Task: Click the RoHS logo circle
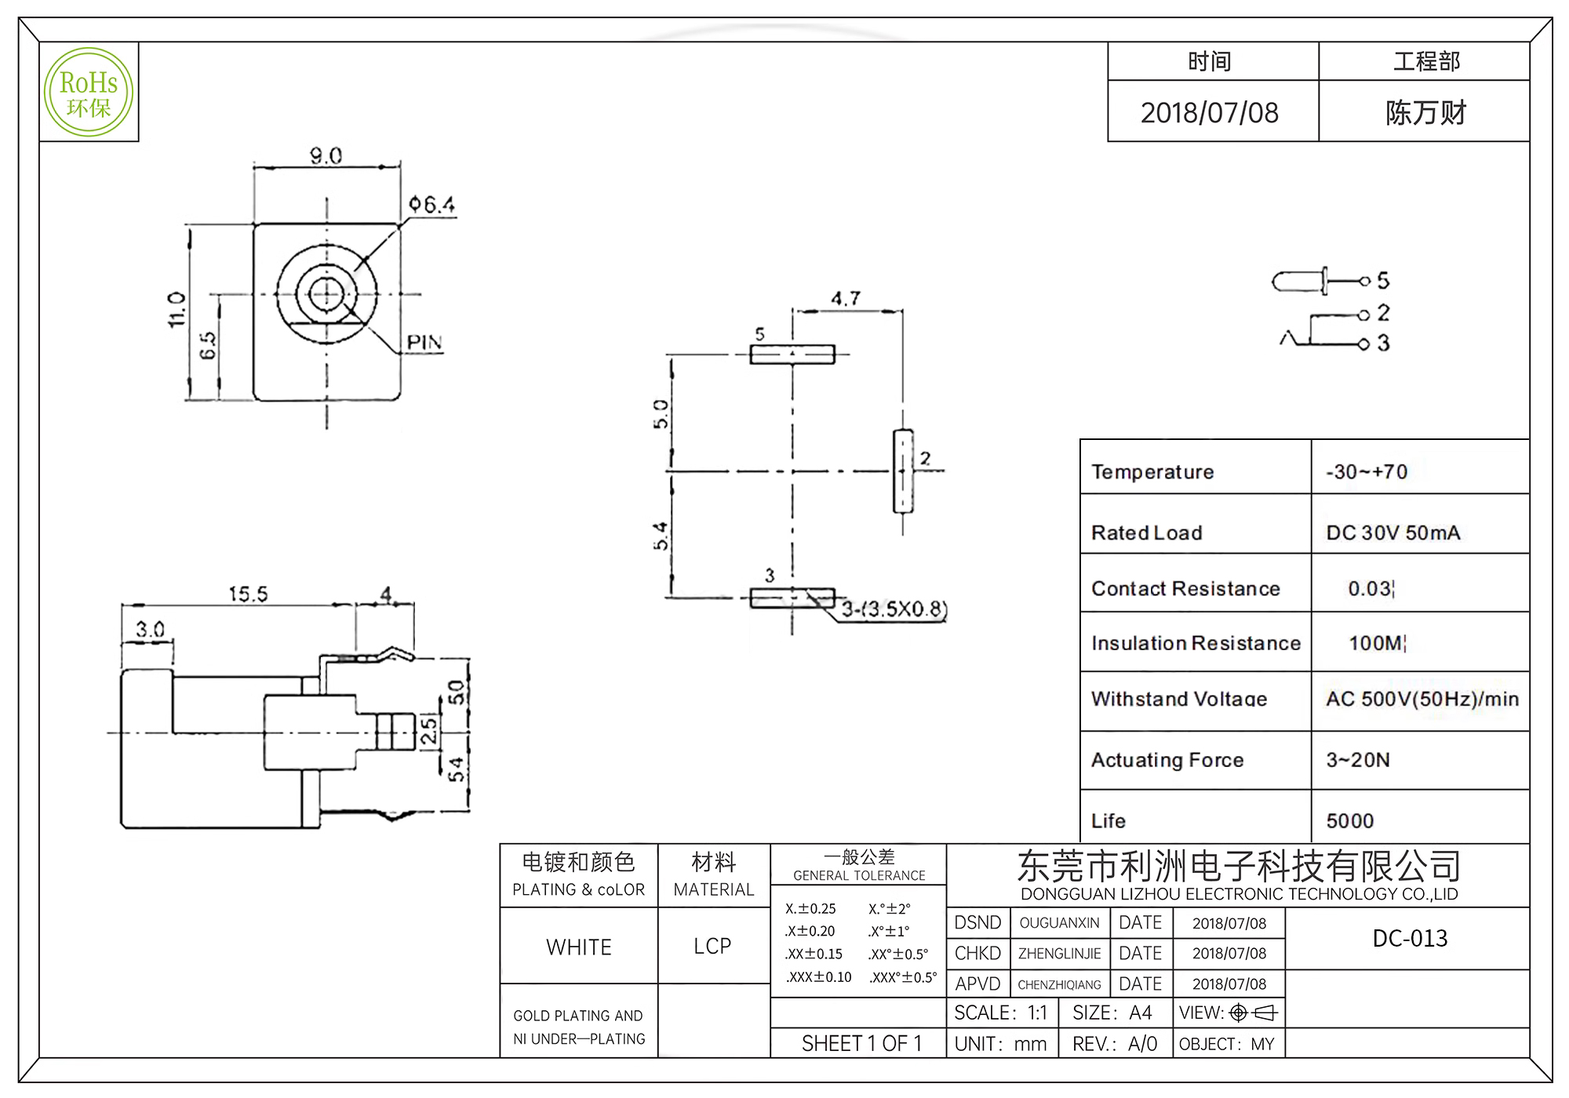tap(89, 93)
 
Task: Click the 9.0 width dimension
tap(326, 156)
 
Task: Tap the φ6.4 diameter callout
tap(431, 205)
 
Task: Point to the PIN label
tap(424, 343)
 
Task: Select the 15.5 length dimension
tap(248, 594)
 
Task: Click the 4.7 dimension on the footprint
tap(846, 299)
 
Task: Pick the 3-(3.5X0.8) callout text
tap(894, 609)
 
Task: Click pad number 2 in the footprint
tap(904, 471)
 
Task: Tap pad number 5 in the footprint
tap(792, 354)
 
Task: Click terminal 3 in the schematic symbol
tap(1382, 344)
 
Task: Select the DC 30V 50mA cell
tap(1392, 533)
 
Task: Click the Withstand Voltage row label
tap(1178, 699)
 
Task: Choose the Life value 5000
tap(1349, 821)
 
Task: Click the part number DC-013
tap(1410, 938)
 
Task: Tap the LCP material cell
tap(712, 947)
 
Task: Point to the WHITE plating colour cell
tap(579, 947)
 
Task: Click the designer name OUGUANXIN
tap(1059, 923)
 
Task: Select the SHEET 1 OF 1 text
tap(861, 1044)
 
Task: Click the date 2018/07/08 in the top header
tap(1209, 113)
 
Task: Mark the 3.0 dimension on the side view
tap(150, 630)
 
